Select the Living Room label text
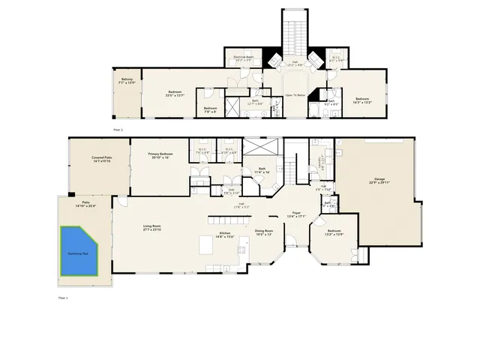[x=153, y=227]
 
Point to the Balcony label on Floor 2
[x=127, y=81]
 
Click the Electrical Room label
[x=241, y=58]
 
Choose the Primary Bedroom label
[x=160, y=155]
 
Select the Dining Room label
[x=263, y=232]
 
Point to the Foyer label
[x=297, y=214]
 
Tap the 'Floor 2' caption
[x=117, y=130]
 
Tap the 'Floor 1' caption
[x=63, y=298]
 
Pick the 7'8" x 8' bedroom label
[x=210, y=109]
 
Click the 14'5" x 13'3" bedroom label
[x=362, y=100]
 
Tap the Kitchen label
[x=225, y=235]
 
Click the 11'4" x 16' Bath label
[x=262, y=170]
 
